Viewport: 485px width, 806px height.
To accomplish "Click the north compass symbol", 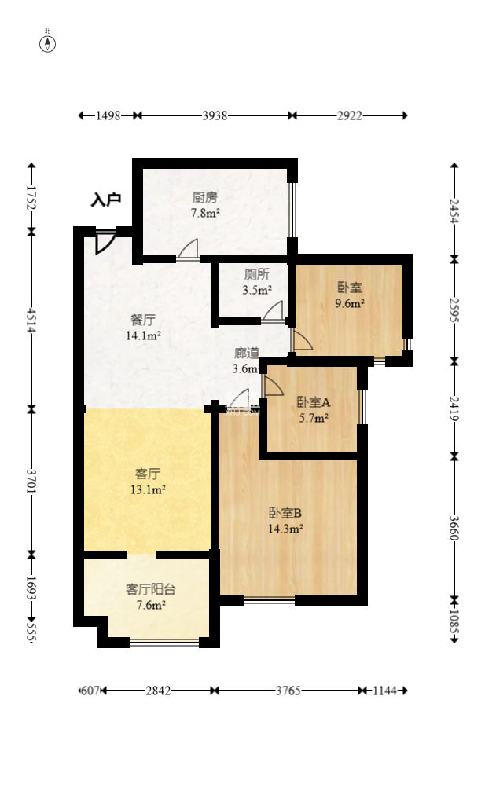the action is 48,44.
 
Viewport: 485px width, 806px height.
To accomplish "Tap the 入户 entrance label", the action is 106,200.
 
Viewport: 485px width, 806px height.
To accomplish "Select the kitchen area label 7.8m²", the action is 206,213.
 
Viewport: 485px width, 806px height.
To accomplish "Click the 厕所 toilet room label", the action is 256,274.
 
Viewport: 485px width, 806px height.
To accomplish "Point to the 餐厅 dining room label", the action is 143,320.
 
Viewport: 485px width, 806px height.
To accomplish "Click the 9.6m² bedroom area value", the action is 350,302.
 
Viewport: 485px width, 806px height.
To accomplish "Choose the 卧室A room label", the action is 314,402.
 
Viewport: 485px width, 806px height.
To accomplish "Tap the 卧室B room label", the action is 285,512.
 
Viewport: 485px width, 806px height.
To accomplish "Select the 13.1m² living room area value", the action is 148,489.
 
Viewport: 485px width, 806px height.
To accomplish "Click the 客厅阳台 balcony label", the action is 151,589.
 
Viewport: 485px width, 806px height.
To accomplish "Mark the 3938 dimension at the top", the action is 215,115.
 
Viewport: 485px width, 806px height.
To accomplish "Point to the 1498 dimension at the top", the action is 108,115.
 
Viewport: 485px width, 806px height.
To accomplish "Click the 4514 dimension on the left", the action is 32,321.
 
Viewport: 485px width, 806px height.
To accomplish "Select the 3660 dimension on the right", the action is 454,528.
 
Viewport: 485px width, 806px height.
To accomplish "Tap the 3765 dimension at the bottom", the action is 288,691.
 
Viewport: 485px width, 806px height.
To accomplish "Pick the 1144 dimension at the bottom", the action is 384,691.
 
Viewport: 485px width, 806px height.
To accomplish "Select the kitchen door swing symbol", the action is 188,249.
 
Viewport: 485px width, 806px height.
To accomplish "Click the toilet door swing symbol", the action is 273,311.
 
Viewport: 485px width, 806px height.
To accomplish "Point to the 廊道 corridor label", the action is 247,354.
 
